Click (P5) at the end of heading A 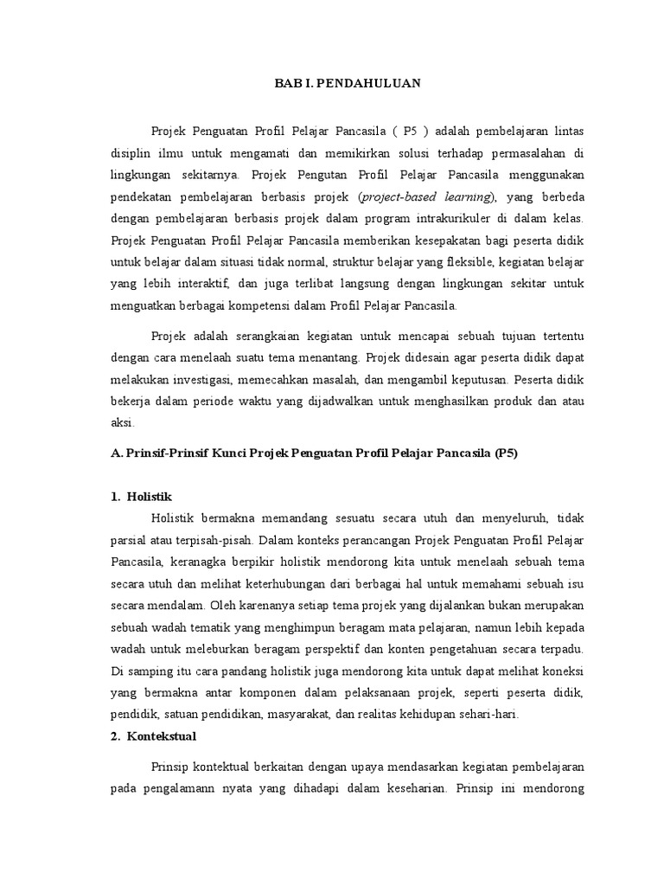click(506, 453)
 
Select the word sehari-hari click(493, 714)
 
